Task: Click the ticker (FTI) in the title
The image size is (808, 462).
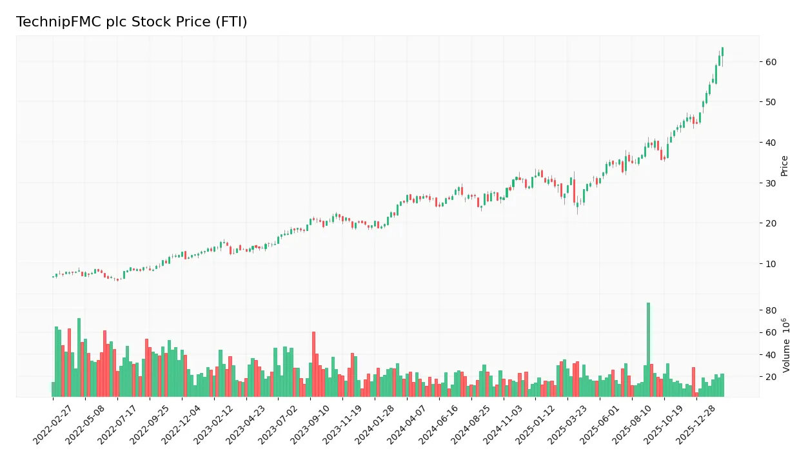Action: click(x=232, y=22)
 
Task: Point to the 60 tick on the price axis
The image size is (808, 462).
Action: click(x=771, y=62)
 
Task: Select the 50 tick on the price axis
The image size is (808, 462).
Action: click(x=771, y=102)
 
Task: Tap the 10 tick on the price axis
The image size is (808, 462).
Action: click(x=771, y=264)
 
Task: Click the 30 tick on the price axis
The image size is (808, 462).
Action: click(x=771, y=183)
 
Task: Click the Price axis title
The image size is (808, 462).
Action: click(x=784, y=166)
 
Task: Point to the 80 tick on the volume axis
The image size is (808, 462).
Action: click(x=771, y=310)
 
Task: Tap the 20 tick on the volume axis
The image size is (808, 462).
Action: click(x=771, y=377)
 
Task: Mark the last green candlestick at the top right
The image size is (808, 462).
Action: click(x=722, y=52)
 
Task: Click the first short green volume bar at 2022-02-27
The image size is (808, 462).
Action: click(x=53, y=390)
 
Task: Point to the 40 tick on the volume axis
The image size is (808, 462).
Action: click(x=771, y=355)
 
